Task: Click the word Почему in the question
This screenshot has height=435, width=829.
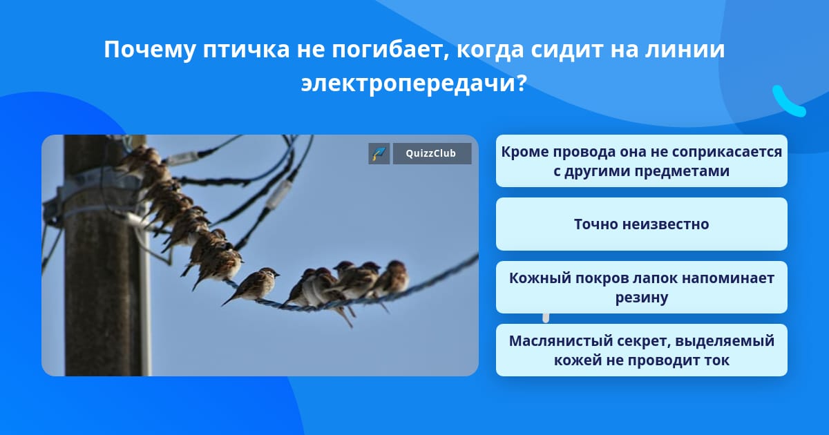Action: tap(149, 49)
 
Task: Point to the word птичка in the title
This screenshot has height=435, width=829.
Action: tap(246, 49)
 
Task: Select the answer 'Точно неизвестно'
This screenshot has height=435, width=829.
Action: tap(641, 224)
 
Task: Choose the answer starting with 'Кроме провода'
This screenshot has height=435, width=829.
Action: tap(641, 161)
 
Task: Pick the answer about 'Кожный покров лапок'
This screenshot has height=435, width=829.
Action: tap(641, 287)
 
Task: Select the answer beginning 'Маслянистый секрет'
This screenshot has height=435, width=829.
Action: tap(641, 350)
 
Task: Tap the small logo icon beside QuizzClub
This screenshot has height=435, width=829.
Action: tap(379, 153)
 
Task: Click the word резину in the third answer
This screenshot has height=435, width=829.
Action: tap(642, 298)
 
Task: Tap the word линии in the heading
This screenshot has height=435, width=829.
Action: tap(685, 49)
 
